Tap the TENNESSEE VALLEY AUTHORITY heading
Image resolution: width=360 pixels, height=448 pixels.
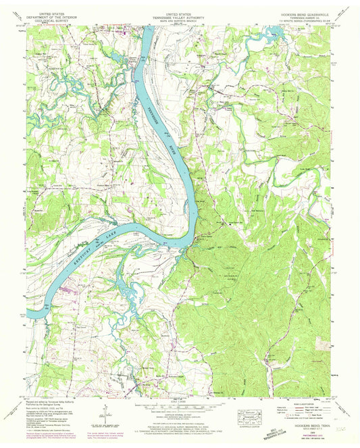pos(179,16)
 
